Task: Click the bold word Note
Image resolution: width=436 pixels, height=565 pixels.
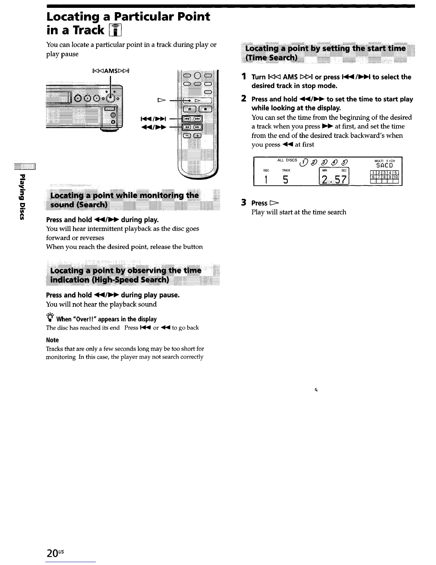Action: coord(52,340)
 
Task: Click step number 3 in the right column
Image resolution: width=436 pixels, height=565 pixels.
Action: coord(244,203)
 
